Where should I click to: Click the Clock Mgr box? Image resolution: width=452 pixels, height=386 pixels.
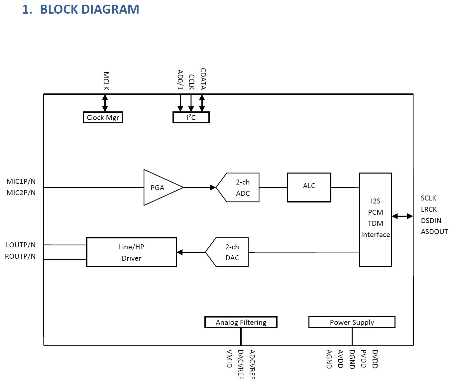pos(103,118)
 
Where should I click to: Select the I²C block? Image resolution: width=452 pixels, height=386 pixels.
pos(191,118)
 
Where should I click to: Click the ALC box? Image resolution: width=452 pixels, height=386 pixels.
pos(309,188)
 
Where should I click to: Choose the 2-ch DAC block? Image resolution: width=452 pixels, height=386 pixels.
pos(229,252)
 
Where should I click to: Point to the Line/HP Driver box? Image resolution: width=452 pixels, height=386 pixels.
pos(132,252)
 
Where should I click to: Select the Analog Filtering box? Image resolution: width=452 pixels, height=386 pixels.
pos(241,322)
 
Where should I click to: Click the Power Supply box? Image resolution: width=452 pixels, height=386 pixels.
pos(352,322)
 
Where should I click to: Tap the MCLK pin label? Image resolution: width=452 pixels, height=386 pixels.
pos(106,81)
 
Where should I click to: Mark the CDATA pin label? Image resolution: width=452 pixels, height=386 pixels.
pos(203,79)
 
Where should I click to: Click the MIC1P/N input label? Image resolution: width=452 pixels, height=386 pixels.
pos(21,182)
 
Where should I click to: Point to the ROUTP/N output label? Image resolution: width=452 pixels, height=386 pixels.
pos(20,256)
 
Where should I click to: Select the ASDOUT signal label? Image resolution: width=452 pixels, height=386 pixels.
pos(434,232)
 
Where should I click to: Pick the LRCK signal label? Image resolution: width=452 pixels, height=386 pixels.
pos(429,209)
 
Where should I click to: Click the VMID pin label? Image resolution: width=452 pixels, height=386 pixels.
pos(229,358)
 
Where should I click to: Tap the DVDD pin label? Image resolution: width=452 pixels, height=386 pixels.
pos(375,359)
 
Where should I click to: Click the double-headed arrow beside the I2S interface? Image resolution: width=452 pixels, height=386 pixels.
pos(402,216)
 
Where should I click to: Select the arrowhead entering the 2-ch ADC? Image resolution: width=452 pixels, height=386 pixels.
pos(213,188)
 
